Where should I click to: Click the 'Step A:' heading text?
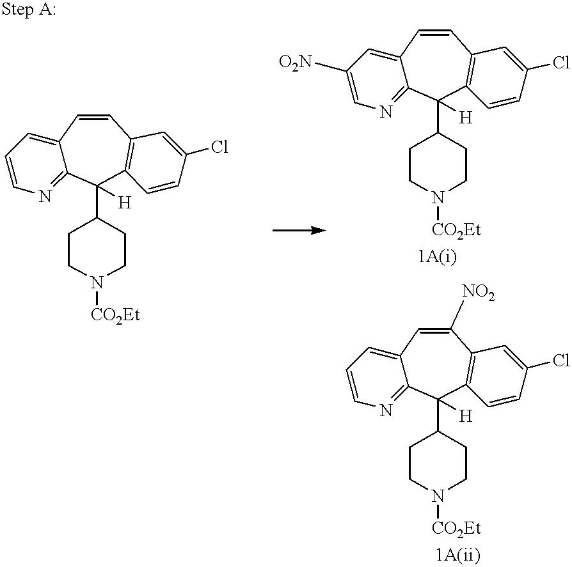(28, 10)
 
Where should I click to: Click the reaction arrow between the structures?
(299, 230)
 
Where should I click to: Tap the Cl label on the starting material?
(219, 147)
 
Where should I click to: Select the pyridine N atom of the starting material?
(45, 197)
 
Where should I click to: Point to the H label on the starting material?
(124, 203)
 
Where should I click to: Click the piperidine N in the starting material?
(97, 282)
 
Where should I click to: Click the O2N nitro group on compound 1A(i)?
(296, 62)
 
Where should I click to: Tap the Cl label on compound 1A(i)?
(561, 62)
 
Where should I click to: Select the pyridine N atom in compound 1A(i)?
(386, 111)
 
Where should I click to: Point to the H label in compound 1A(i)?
(466, 118)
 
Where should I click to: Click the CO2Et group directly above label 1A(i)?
(456, 230)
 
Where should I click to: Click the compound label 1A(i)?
(438, 257)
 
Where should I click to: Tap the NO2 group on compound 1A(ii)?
(478, 292)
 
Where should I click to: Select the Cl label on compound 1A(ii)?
(561, 361)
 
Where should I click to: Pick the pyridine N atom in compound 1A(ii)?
(386, 410)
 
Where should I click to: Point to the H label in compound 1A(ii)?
(466, 416)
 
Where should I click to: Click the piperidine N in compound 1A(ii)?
(438, 495)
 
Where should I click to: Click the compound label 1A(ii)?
(458, 555)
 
